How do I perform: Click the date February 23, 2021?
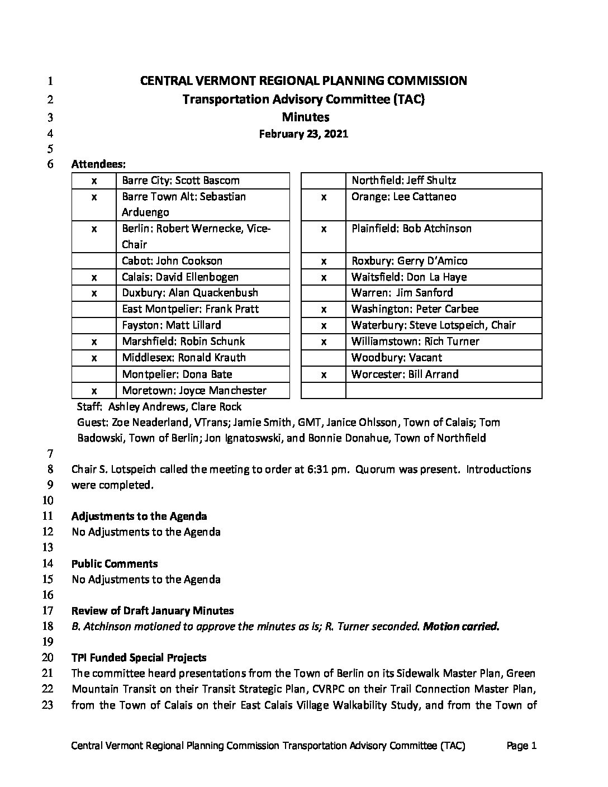303,134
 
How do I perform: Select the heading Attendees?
98,165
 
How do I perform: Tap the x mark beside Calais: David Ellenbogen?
94,277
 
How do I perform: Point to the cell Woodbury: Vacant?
396,358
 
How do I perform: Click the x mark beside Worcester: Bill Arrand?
324,374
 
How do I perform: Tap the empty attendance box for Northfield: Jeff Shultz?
324,181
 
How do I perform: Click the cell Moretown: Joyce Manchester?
194,391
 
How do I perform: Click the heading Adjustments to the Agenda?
139,516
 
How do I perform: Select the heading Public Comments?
115,564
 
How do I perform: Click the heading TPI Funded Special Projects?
139,658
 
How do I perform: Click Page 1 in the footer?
521,746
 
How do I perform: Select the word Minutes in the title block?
305,117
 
